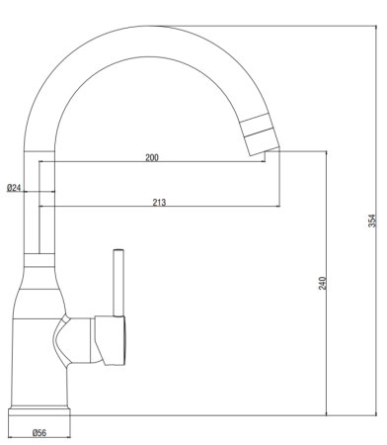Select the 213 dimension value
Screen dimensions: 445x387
pyautogui.click(x=159, y=202)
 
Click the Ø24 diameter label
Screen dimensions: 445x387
pyautogui.click(x=14, y=187)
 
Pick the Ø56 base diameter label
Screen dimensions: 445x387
pyautogui.click(x=40, y=433)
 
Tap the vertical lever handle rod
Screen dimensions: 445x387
pyautogui.click(x=118, y=282)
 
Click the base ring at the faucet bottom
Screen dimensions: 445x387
pyautogui.click(x=40, y=412)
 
